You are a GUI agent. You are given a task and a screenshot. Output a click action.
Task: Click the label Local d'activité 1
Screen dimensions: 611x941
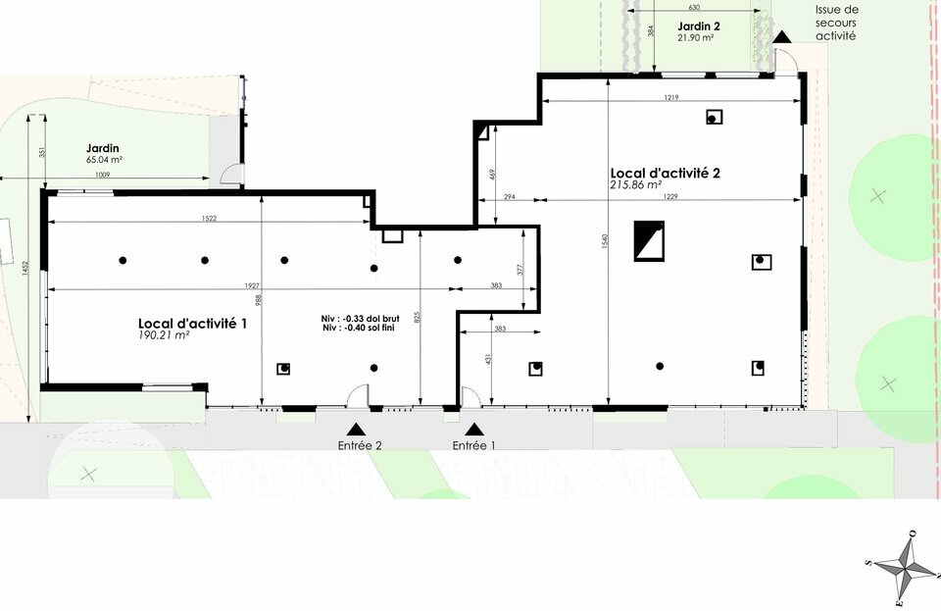pyautogui.click(x=191, y=322)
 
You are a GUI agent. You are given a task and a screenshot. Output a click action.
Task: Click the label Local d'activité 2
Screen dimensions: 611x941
pyautogui.click(x=665, y=172)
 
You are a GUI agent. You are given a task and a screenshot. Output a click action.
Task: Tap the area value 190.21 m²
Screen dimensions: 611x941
pyautogui.click(x=164, y=335)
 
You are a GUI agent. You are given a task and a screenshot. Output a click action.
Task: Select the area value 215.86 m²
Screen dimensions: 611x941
pyautogui.click(x=635, y=184)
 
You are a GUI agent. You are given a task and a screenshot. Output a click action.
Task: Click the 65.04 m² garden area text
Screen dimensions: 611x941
pyautogui.click(x=104, y=159)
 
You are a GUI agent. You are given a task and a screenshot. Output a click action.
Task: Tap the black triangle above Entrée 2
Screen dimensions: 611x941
pyautogui.click(x=356, y=429)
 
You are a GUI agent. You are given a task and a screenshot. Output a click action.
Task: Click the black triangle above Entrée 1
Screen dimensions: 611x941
pyautogui.click(x=474, y=429)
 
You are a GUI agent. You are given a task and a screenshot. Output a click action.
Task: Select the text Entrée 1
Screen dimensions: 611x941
pyautogui.click(x=474, y=445)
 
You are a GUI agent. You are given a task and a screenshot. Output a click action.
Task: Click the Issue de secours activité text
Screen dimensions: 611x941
pyautogui.click(x=836, y=23)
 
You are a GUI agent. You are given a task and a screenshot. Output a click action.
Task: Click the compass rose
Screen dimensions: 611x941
pyautogui.click(x=903, y=566)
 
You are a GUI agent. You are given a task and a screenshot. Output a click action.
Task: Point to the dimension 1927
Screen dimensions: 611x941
pyautogui.click(x=252, y=285)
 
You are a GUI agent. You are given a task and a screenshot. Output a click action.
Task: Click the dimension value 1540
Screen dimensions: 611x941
pyautogui.click(x=605, y=240)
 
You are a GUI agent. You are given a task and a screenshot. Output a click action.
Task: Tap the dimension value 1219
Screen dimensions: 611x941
pyautogui.click(x=671, y=97)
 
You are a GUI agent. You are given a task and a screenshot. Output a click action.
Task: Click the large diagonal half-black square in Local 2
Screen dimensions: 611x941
pyautogui.click(x=649, y=240)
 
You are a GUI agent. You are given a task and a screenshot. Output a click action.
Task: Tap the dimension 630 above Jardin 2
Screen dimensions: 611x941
pyautogui.click(x=694, y=8)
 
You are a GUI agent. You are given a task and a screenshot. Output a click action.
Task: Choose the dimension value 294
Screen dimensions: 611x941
pyautogui.click(x=509, y=197)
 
